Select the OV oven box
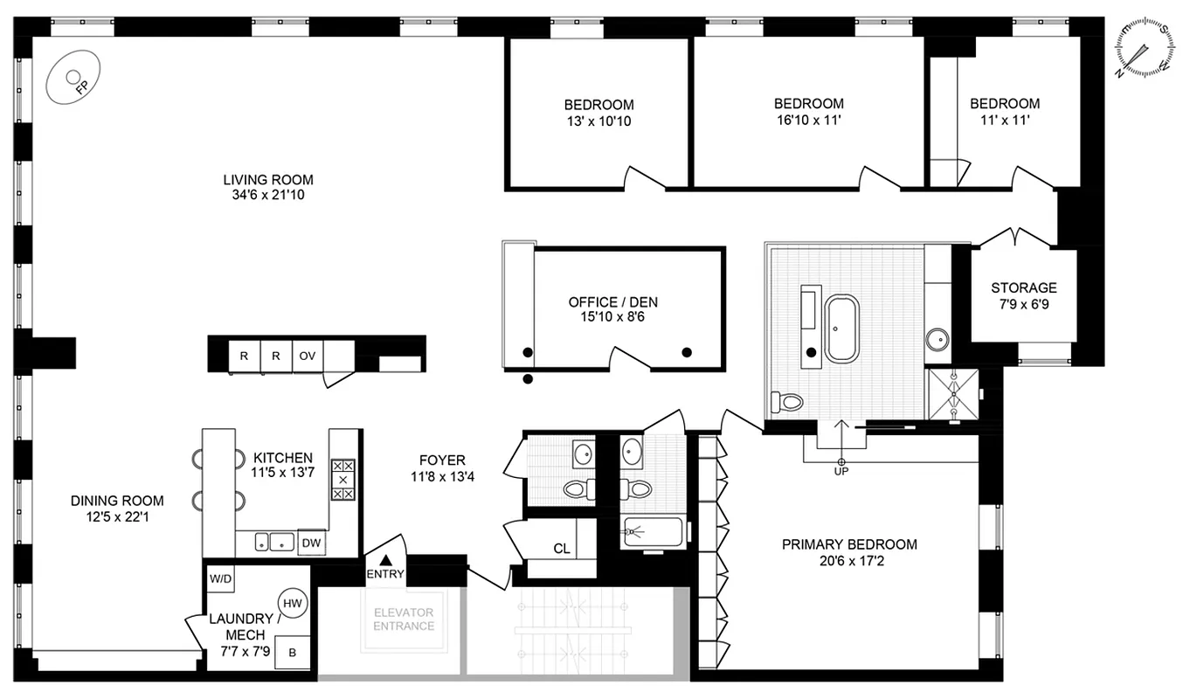pos(307,356)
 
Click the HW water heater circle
pos(292,602)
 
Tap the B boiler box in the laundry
pos(293,653)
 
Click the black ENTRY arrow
pos(385,559)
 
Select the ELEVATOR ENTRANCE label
pos(404,619)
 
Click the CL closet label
pos(562,549)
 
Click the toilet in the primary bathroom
pos(788,402)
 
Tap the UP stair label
pos(841,471)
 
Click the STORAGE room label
pos(1023,287)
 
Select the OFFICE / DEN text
pos(613,302)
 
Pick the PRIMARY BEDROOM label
pos(849,544)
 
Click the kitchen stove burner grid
pos(342,480)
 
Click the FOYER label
pos(442,460)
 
